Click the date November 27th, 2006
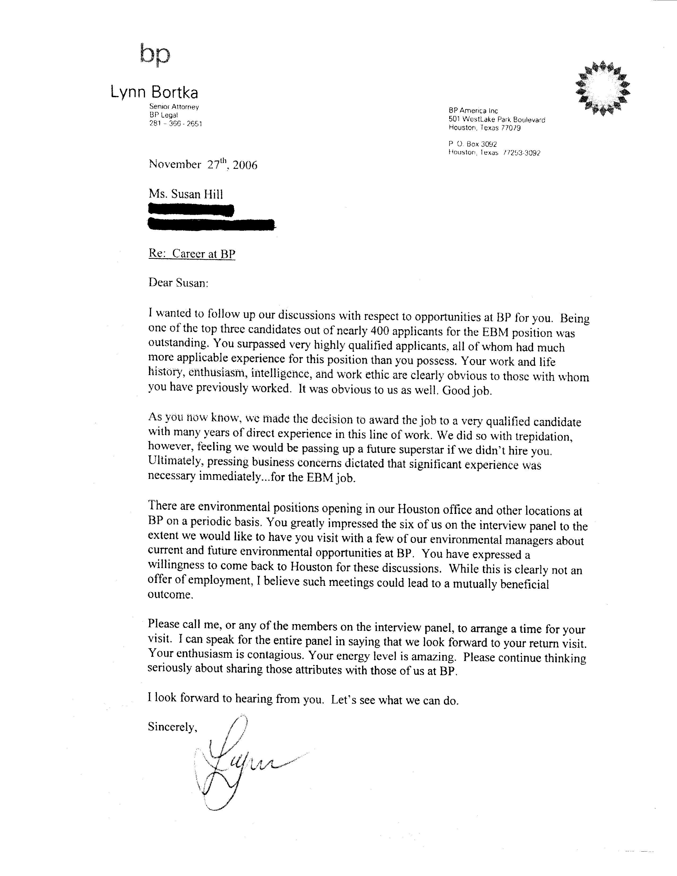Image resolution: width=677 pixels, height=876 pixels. click(x=203, y=165)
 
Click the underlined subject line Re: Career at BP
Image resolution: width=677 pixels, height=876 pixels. click(x=192, y=254)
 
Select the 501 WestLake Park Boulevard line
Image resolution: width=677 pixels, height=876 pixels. click(x=497, y=119)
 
